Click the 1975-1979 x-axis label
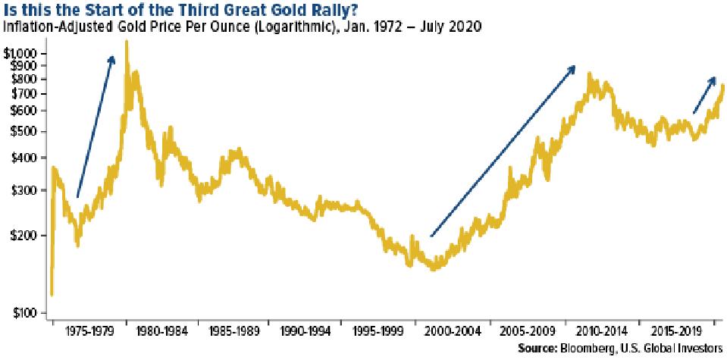tap(89, 331)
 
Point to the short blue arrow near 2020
tap(703, 95)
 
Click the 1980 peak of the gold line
tap(126, 42)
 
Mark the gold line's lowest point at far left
tap(51, 294)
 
